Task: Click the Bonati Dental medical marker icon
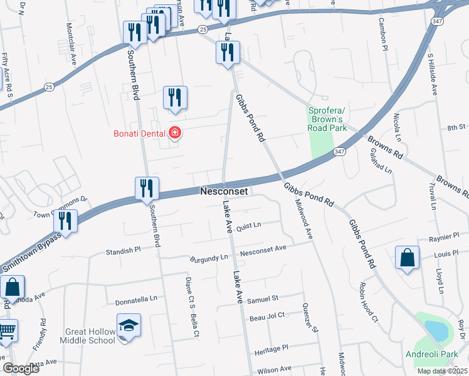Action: (175, 133)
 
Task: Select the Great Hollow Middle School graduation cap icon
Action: (129, 326)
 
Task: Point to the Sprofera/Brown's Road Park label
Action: (327, 119)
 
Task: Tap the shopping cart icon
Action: (7, 330)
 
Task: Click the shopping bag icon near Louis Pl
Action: (407, 257)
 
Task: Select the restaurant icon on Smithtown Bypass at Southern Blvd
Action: (147, 188)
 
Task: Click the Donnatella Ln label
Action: (135, 300)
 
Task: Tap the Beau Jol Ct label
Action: (267, 317)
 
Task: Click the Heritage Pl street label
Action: (271, 347)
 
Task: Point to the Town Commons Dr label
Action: (61, 207)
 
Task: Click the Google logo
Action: (21, 368)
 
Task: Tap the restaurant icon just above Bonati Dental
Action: (175, 97)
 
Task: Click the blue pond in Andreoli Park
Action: (436, 329)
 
